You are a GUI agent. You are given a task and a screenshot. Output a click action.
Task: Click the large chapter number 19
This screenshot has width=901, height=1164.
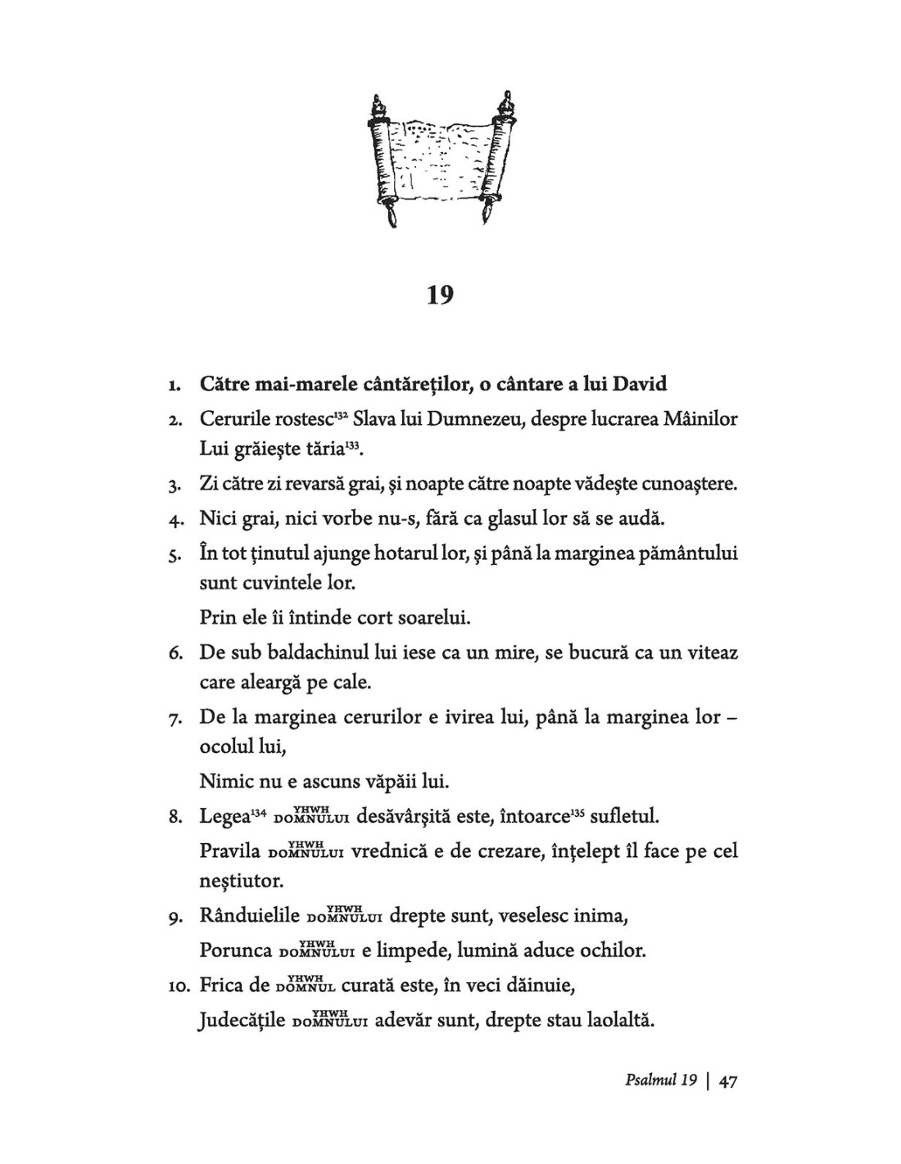pos(440,295)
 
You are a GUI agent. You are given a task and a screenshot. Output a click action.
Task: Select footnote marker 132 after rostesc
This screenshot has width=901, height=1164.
pos(342,415)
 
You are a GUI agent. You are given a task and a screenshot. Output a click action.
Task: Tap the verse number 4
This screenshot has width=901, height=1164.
pos(174,520)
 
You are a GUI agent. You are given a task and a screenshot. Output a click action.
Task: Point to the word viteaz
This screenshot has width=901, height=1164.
pos(711,652)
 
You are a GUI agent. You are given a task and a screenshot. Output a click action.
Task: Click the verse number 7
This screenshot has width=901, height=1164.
pos(174,720)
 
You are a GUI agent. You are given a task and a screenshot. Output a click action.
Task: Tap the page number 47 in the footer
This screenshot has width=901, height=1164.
pos(728,1081)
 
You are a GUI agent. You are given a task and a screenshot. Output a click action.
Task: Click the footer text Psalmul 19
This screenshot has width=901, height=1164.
pos(659,1081)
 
